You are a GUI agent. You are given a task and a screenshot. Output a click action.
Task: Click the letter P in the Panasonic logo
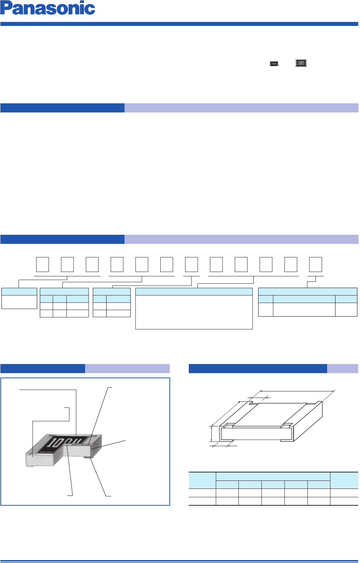point(6,8)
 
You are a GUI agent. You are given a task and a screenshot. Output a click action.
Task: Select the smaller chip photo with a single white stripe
point(274,64)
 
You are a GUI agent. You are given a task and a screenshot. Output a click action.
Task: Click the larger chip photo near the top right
point(301,63)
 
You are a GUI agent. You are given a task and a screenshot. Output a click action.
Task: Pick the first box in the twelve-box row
point(42,264)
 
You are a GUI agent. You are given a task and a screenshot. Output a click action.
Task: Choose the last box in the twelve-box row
point(315,264)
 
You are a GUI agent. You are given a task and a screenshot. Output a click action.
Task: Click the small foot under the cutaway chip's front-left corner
point(30,467)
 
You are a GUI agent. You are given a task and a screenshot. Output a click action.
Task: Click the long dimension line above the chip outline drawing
point(298,391)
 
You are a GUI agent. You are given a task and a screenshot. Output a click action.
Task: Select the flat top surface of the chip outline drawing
point(269,414)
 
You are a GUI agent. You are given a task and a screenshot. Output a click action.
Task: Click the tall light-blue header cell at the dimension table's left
point(202,480)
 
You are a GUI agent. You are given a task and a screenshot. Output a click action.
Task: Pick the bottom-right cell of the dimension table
point(344,501)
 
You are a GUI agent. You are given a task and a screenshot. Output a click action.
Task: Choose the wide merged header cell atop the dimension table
point(273,476)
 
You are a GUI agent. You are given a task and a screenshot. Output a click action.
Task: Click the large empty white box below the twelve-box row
point(194,312)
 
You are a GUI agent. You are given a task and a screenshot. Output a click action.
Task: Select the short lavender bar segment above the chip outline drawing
point(342,368)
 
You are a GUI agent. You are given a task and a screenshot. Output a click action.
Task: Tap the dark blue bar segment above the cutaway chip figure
point(43,368)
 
